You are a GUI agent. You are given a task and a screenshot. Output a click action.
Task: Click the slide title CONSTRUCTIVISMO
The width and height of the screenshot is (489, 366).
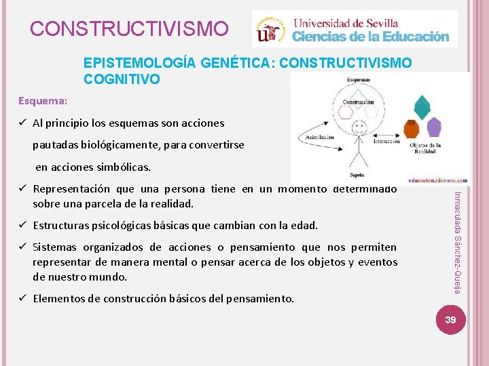coord(130,29)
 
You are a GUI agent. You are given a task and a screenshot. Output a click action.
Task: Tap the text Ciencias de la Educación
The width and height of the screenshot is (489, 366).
coord(370,37)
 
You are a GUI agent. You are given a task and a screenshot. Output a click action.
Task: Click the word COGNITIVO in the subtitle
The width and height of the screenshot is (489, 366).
coord(122,79)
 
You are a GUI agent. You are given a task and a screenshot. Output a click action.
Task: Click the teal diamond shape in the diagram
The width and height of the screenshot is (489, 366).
coord(422,106)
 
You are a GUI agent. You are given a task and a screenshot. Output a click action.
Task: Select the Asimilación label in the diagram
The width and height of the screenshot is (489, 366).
coord(319,136)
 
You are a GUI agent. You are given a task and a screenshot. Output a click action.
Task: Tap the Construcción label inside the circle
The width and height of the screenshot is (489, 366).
coord(357,102)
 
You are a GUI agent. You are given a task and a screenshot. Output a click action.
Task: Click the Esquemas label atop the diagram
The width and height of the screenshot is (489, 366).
coord(357,79)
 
